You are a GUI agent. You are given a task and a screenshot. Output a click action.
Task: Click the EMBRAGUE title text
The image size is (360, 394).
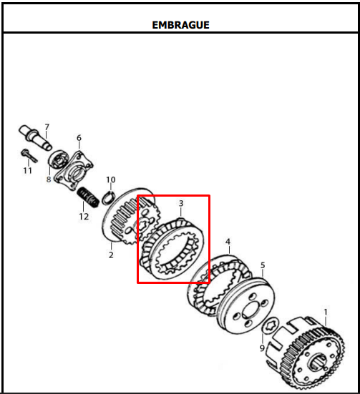180,25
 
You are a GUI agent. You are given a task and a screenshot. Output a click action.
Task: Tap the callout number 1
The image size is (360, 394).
326,312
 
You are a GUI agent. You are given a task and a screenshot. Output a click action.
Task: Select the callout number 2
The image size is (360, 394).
111,255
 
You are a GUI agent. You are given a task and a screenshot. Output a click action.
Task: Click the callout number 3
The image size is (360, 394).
181,203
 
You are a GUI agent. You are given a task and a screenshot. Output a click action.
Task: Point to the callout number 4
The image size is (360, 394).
228,242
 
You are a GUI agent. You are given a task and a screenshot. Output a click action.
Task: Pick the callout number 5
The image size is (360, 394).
263,265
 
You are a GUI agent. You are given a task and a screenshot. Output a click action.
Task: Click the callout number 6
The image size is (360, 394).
79,138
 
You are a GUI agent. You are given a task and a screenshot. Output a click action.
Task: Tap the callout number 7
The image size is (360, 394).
47,127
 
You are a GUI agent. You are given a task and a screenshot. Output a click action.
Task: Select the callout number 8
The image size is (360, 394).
49,179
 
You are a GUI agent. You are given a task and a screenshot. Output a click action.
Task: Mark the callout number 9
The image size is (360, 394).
262,348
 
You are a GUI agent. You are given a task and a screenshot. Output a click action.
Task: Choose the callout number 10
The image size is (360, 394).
111,179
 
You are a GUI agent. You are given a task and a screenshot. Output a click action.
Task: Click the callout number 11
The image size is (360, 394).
28,171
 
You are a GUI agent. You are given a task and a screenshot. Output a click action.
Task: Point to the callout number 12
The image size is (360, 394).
84,217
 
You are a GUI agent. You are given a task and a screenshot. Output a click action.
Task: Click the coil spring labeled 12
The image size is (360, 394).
88,197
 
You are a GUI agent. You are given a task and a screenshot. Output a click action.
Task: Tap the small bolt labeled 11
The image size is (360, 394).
29,156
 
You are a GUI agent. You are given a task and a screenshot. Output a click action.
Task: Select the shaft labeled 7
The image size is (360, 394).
35,137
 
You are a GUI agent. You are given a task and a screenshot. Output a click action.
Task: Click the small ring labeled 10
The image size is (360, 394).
110,197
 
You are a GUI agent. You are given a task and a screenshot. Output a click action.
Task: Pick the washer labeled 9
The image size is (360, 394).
271,325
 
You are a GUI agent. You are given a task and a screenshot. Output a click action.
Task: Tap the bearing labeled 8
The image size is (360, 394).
59,160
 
